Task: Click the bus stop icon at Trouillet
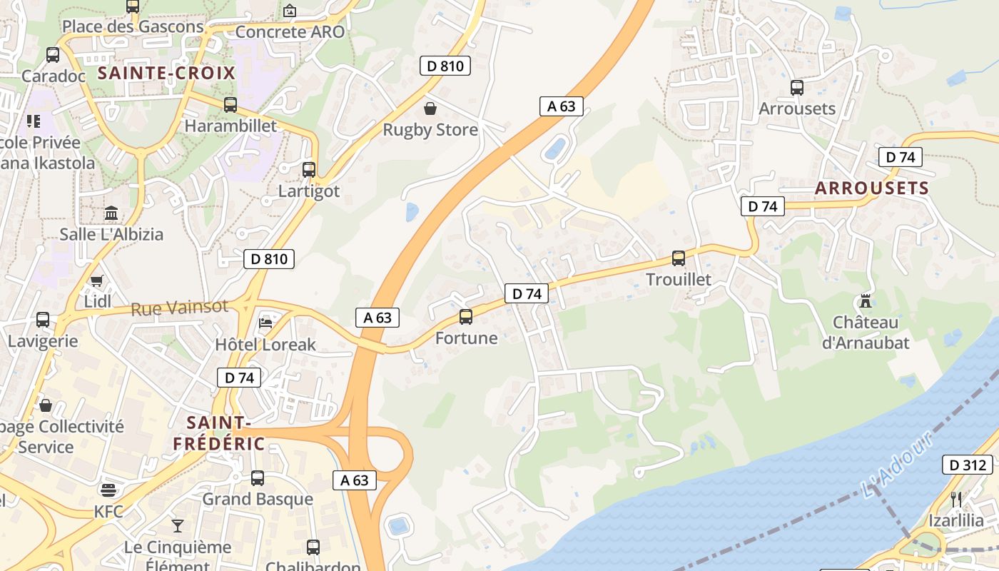pyautogui.click(x=678, y=258)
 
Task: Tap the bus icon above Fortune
pyautogui.click(x=466, y=317)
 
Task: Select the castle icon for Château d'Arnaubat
pyautogui.click(x=866, y=301)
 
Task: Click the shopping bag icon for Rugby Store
pyautogui.click(x=430, y=108)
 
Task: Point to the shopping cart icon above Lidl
pyautogui.click(x=96, y=281)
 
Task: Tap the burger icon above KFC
pyautogui.click(x=108, y=490)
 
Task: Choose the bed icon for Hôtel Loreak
pyautogui.click(x=265, y=323)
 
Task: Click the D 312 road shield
pyautogui.click(x=968, y=465)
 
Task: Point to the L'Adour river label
pyautogui.click(x=896, y=465)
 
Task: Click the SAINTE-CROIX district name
pyautogui.click(x=166, y=73)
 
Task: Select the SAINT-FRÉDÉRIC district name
pyautogui.click(x=218, y=433)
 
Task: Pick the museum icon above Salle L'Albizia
pyautogui.click(x=111, y=213)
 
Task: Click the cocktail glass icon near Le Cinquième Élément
pyautogui.click(x=177, y=526)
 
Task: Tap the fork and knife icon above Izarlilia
pyautogui.click(x=956, y=499)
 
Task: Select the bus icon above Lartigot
pyautogui.click(x=309, y=170)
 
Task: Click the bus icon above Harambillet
pyautogui.click(x=230, y=105)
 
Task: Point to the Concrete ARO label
pyautogui.click(x=290, y=31)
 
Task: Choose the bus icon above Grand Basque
pyautogui.click(x=258, y=477)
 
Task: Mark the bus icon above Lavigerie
pyautogui.click(x=43, y=320)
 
